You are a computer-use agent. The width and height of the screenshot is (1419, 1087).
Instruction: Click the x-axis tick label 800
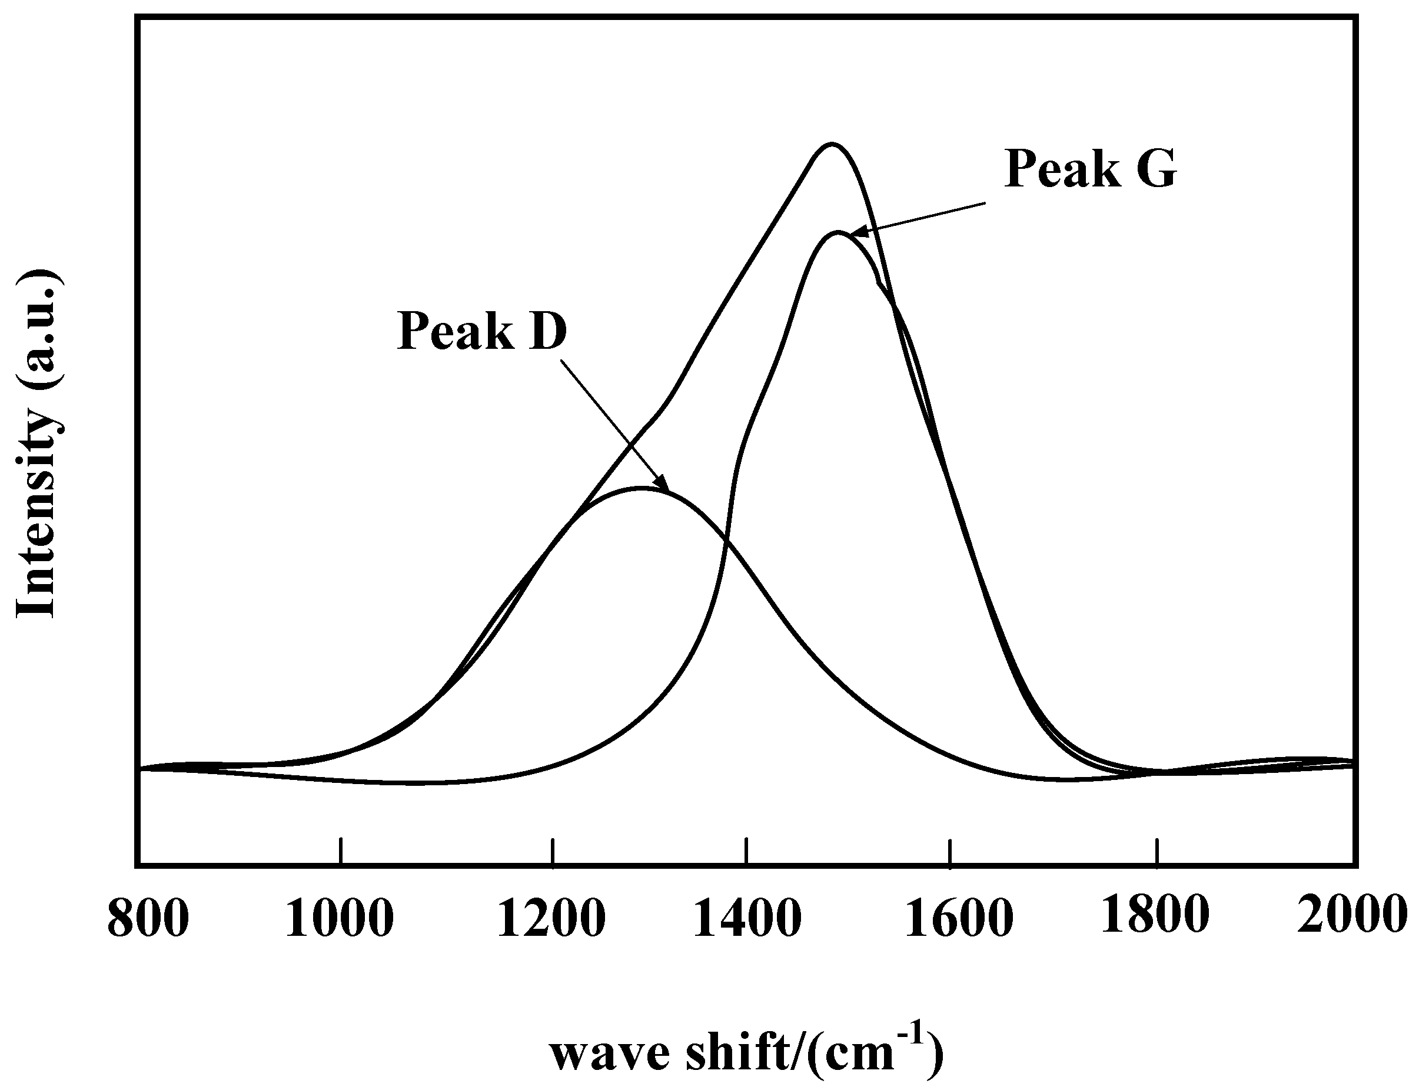pyautogui.click(x=148, y=919)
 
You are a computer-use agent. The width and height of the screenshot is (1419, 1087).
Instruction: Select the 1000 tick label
pyautogui.click(x=339, y=919)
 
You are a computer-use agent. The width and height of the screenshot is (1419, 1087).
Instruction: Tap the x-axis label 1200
pyautogui.click(x=551, y=919)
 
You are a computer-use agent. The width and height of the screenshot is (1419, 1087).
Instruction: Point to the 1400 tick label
pyautogui.click(x=747, y=919)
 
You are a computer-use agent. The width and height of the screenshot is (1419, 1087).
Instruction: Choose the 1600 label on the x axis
pyautogui.click(x=959, y=919)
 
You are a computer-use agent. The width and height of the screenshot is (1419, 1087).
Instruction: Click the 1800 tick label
pyautogui.click(x=1155, y=915)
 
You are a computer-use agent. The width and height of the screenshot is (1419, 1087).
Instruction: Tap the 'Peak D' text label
pyautogui.click(x=481, y=331)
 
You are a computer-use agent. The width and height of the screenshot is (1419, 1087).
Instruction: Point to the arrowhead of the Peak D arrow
pyautogui.click(x=663, y=485)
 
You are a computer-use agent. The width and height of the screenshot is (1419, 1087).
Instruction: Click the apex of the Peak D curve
pyautogui.click(x=641, y=488)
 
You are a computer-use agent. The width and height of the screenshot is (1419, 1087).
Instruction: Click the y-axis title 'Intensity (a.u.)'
pyautogui.click(x=39, y=444)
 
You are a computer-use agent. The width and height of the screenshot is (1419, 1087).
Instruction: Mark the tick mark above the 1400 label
pyautogui.click(x=747, y=851)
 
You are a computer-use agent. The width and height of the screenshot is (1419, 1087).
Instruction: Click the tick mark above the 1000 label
pyautogui.click(x=341, y=851)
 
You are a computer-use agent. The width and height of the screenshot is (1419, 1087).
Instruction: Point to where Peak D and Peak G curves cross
pyautogui.click(x=726, y=545)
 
